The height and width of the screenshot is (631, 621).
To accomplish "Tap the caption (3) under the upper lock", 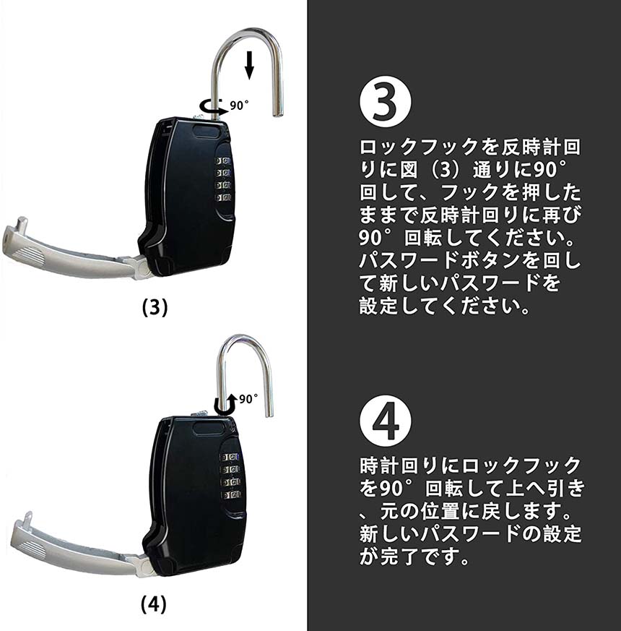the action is [x=155, y=308].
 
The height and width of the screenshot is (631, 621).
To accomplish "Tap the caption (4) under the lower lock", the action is [x=154, y=604].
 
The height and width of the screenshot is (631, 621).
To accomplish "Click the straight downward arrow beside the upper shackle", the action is [x=249, y=65].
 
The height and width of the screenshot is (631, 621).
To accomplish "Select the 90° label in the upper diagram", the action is [x=239, y=105].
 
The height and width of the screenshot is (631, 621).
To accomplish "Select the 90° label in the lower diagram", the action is [x=248, y=399].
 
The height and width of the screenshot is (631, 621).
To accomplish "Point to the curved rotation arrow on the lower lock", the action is [x=226, y=405].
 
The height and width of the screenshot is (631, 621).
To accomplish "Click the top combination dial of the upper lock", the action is [x=223, y=161].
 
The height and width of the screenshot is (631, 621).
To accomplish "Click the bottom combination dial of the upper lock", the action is [x=223, y=197].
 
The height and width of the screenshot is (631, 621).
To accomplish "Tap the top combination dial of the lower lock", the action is [x=230, y=457].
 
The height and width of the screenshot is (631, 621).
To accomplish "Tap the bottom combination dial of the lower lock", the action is [x=230, y=494].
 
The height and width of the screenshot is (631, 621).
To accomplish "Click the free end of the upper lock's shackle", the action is [x=277, y=114].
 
